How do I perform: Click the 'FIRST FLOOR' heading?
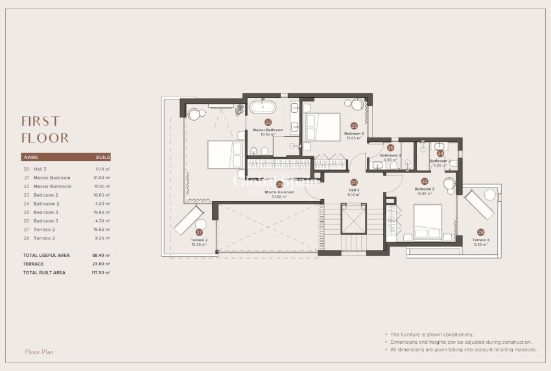[x=45, y=129]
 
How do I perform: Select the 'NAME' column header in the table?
[x=31, y=157]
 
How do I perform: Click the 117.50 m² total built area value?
[x=101, y=272]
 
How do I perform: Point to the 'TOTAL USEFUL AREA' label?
[x=46, y=256]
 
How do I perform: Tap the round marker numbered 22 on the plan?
[x=268, y=122]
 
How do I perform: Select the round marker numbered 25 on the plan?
[x=354, y=126]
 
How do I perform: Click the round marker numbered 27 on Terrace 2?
[x=199, y=232]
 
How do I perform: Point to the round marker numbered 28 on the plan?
[x=480, y=232]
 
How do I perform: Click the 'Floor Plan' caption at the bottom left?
[x=39, y=352]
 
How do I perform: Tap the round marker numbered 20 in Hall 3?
[x=354, y=183]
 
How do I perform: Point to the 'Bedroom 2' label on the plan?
[x=425, y=189]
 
